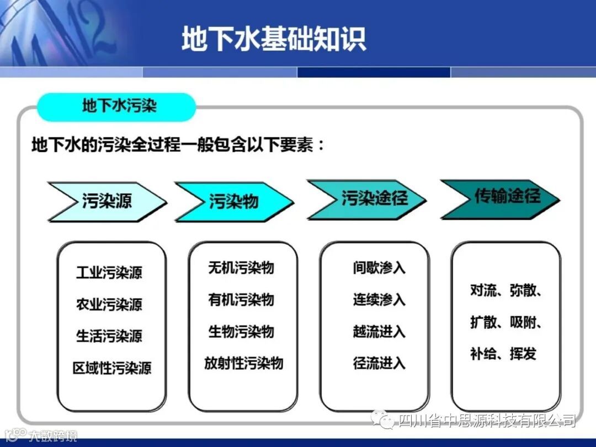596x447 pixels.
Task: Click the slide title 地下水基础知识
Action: click(274, 39)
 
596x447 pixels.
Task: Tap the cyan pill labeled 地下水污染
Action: click(116, 107)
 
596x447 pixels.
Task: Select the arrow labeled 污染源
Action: click(107, 201)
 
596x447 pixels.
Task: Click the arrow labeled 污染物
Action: click(234, 201)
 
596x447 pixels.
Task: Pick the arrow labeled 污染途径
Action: click(367, 200)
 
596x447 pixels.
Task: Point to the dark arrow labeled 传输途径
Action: click(500, 199)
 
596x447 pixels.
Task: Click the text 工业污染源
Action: click(109, 273)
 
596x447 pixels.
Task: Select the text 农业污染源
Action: click(109, 305)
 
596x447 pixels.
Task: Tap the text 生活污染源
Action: click(109, 336)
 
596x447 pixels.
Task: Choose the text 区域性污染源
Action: click(112, 368)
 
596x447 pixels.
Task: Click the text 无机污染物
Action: click(241, 268)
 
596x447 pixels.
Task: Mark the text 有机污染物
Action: click(241, 300)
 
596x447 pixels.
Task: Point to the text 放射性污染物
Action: click(244, 363)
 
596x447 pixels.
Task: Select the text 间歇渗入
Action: click(379, 268)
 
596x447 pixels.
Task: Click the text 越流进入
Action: click(379, 332)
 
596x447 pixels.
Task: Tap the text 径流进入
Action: click(379, 363)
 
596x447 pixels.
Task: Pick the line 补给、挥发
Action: click(503, 354)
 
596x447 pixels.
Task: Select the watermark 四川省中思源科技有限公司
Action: click(487, 420)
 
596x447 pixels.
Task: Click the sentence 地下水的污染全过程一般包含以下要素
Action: click(173, 145)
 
